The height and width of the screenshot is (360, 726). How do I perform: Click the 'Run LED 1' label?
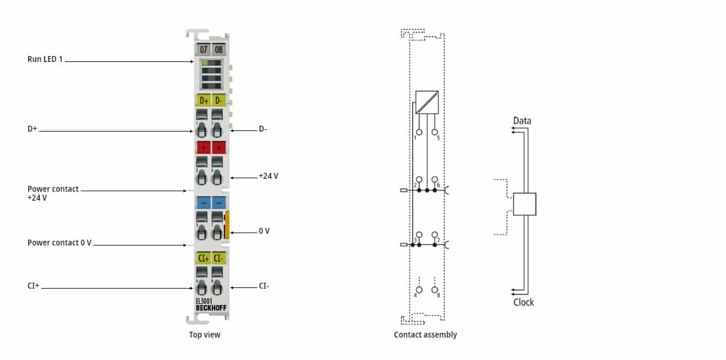45,60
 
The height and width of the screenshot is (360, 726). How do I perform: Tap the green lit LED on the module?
205,63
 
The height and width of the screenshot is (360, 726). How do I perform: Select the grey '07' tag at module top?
203,50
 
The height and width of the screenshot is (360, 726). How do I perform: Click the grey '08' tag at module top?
218,50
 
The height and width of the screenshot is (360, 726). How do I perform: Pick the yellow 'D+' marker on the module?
203,100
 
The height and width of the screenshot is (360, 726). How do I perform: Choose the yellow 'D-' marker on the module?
218,100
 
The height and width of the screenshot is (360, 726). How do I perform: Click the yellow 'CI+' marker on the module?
203,258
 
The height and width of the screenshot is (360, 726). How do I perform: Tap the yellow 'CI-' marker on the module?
218,258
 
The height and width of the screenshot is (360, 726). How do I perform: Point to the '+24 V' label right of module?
268,176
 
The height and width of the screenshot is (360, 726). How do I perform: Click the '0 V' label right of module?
264,231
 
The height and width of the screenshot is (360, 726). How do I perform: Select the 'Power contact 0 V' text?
60,243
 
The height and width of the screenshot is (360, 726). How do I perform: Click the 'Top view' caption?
205,335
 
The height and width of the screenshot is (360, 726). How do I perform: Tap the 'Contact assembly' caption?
425,335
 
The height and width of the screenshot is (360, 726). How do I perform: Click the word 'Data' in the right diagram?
522,121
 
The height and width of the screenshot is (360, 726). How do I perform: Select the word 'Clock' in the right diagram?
523,302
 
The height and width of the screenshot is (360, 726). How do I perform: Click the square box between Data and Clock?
524,204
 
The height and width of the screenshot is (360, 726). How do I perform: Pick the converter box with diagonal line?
427,102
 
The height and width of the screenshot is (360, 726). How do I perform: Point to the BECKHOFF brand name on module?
211,308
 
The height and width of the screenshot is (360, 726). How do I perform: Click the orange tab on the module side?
227,225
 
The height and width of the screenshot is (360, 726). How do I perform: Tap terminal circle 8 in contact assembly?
435,290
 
